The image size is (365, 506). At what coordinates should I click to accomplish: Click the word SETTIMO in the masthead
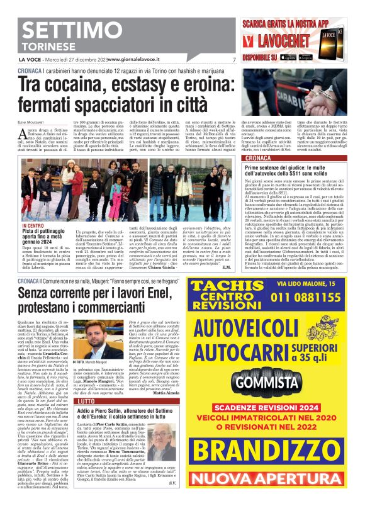coord(70,31)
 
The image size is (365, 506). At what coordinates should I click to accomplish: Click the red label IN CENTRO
coord(32,224)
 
